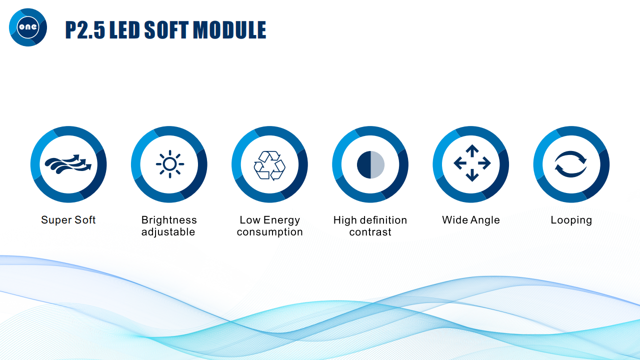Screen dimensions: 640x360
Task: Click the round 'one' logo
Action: click(28, 27)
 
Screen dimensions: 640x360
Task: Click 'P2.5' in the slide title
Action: click(85, 29)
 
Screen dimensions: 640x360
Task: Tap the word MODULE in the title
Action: click(229, 29)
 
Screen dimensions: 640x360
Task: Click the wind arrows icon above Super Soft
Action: click(68, 164)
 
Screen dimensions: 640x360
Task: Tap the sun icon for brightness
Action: click(170, 164)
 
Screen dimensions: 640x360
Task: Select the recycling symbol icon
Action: click(269, 165)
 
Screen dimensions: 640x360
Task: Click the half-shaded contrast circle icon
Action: click(370, 164)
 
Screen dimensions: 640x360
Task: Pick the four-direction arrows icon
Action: click(472, 163)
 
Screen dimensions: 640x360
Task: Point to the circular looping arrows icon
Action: click(570, 164)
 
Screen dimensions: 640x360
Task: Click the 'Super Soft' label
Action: click(68, 220)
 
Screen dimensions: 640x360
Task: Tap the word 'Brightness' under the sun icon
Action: click(169, 220)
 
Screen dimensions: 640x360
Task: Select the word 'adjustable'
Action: click(168, 231)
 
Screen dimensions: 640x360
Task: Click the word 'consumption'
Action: click(269, 231)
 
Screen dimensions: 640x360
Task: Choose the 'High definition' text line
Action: click(370, 220)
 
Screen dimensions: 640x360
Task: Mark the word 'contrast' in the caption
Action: click(370, 232)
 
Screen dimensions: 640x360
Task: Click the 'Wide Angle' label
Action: click(471, 220)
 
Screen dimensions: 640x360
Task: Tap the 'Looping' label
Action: click(571, 220)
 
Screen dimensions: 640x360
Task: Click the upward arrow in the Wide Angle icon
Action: click(472, 150)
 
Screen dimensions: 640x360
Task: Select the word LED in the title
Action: click(124, 29)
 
